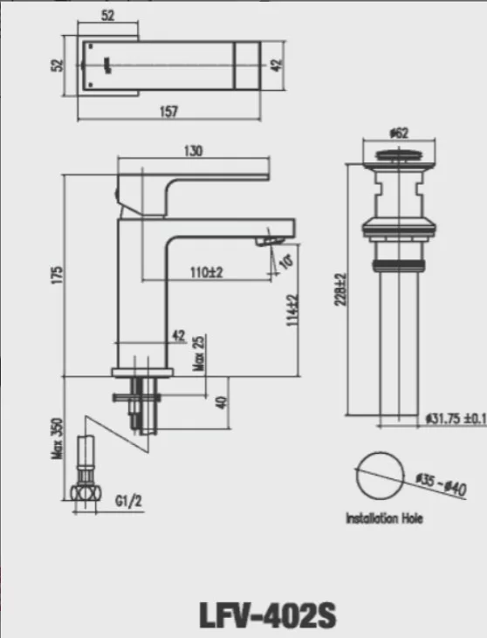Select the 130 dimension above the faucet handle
click(x=193, y=151)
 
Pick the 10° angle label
click(x=288, y=259)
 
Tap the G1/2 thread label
click(x=127, y=502)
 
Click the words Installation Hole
click(x=385, y=518)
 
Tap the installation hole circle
click(x=380, y=475)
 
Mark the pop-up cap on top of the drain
click(x=400, y=158)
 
